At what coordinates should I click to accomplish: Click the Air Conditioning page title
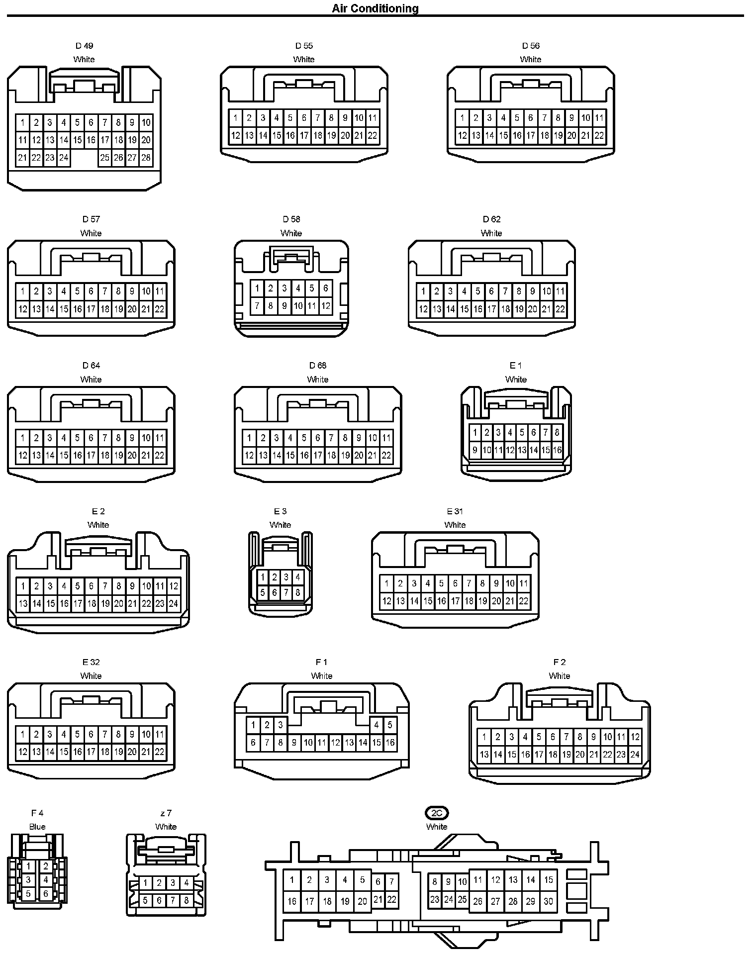coord(375,8)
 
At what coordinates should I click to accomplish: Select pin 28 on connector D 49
coord(146,158)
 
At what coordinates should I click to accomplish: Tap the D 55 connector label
coord(304,46)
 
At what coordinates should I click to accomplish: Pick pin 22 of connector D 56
coord(599,135)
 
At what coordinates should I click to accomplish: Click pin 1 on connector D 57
coord(22,291)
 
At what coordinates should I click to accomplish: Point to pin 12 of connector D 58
coord(325,306)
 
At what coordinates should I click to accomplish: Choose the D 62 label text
coord(491,219)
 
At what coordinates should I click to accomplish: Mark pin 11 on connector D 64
coord(159,438)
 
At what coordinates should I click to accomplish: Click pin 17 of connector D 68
coord(318,456)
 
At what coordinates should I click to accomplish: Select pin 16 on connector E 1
coord(557,451)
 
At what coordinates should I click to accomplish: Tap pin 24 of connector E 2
coord(173,604)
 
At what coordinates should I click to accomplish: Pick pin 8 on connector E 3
coord(297,592)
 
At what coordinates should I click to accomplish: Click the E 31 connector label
coord(455,511)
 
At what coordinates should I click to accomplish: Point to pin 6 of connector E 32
coord(91,734)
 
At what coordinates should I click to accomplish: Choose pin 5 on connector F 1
coord(390,725)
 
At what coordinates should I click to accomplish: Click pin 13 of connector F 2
coord(484,755)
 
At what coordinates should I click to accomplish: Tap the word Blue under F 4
coord(37,827)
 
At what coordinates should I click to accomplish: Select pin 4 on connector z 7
coord(186,883)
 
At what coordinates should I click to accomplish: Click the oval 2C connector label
coord(437,813)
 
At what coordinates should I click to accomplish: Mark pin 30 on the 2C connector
coord(548,901)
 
